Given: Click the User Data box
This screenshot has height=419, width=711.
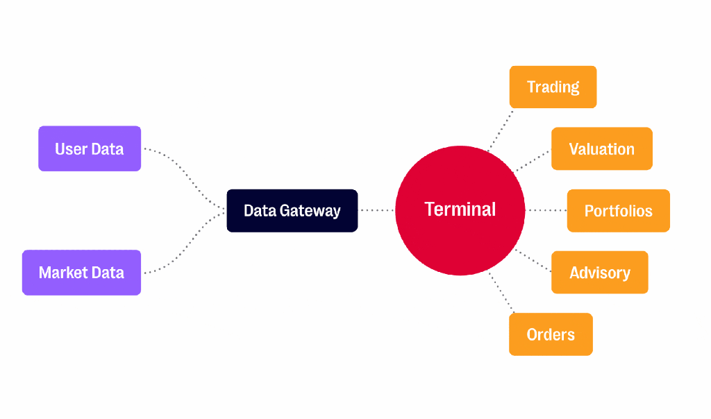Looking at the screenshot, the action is [x=90, y=148].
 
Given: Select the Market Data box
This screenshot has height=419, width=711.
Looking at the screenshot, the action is [x=82, y=273].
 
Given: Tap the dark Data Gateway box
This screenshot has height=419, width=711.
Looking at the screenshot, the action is [x=292, y=211].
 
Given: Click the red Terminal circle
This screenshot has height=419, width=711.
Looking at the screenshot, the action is [x=460, y=211].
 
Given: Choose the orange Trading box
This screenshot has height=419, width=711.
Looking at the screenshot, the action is [x=553, y=87].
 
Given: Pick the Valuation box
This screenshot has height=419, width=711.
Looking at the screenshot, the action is [x=602, y=148].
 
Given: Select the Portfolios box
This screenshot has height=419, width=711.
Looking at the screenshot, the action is [x=619, y=211].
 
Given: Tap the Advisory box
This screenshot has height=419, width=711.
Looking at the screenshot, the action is [x=599, y=272].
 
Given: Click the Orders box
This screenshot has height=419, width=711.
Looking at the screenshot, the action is [x=551, y=334].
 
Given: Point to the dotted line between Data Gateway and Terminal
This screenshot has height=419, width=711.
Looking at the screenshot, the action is [x=376, y=210].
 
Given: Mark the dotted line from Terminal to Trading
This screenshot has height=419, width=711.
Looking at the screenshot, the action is [x=501, y=130].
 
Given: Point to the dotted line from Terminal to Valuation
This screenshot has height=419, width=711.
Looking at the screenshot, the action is [x=533, y=161].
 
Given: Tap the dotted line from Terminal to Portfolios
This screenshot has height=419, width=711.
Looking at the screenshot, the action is [x=546, y=210].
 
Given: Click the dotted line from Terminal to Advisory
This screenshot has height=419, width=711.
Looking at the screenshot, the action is [x=533, y=260].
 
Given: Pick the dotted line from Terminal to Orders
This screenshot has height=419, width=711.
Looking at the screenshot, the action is [x=501, y=292].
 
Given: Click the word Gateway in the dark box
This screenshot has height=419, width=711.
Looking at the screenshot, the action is [x=310, y=211].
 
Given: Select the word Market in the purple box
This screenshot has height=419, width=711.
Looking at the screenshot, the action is [x=63, y=273].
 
